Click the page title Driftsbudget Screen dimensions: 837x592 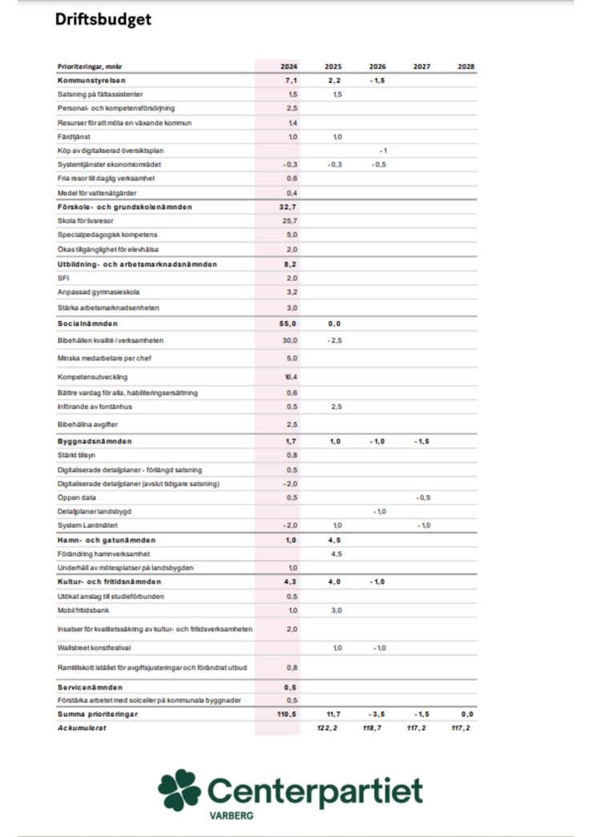point(103,20)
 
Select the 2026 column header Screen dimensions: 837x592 point(377,66)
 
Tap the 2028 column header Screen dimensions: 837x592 point(465,66)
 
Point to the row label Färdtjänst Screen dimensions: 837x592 point(72,136)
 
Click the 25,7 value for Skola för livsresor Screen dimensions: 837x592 point(292,220)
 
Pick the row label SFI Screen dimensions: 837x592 point(62,277)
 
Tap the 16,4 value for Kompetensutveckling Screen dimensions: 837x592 point(292,376)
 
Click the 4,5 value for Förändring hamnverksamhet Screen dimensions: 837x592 point(336,553)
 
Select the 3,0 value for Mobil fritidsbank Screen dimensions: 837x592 point(336,610)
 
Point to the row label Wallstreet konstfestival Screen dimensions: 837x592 point(95,647)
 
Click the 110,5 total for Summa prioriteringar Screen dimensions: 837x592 point(288,714)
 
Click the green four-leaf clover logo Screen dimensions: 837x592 point(179,789)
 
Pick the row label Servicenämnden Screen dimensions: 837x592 point(89,687)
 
